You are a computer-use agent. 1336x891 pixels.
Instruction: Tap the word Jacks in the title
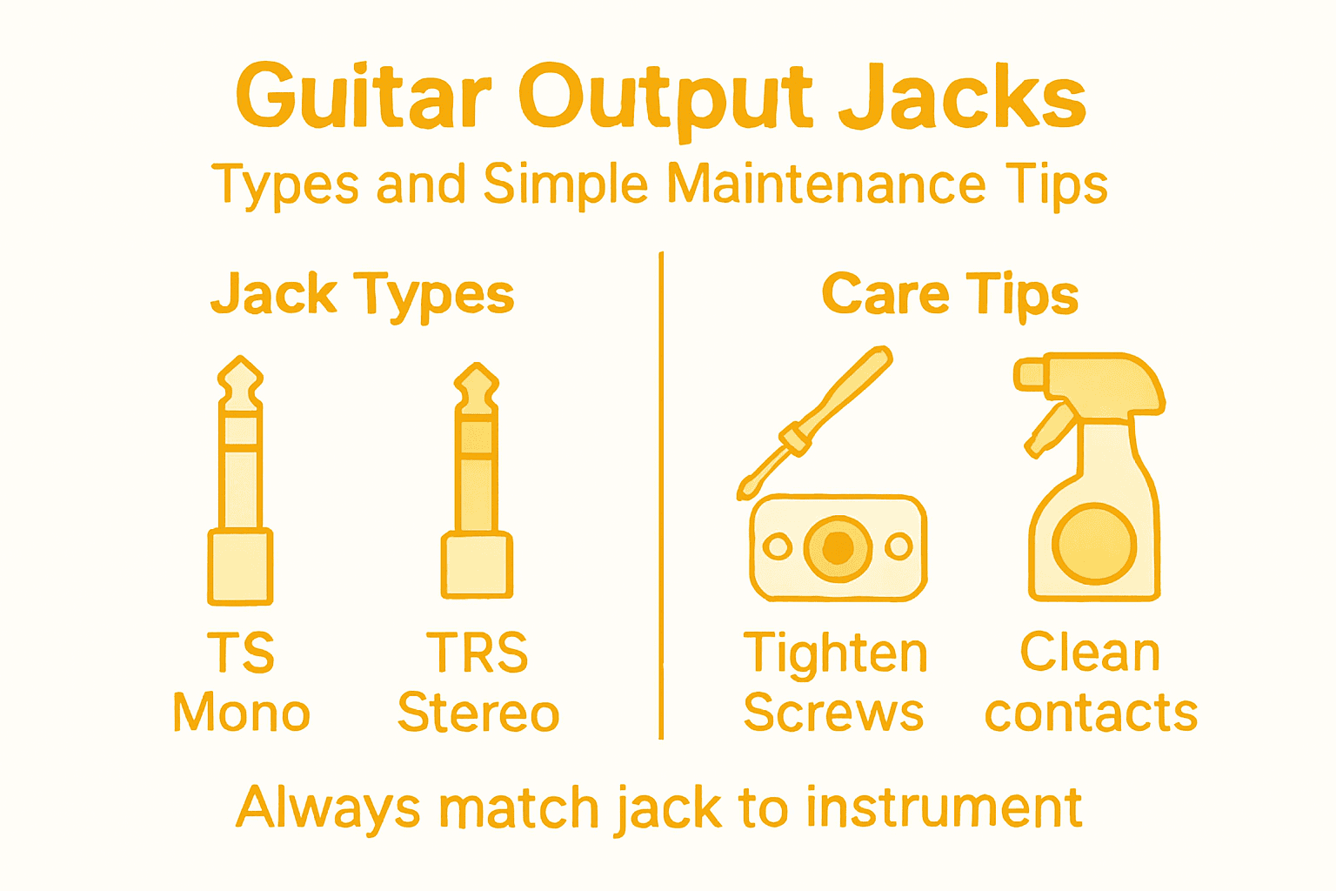click(962, 96)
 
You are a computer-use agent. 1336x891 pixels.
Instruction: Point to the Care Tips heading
click(950, 294)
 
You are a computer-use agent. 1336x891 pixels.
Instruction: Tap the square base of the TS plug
click(240, 566)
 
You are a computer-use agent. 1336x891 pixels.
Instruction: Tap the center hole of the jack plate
click(838, 547)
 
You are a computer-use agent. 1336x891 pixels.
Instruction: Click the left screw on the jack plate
click(777, 547)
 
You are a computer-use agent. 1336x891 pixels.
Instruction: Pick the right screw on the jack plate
click(898, 547)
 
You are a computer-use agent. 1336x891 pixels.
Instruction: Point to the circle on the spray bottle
click(1094, 544)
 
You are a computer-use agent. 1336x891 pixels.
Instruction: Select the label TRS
click(477, 653)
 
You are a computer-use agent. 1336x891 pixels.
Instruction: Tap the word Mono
click(241, 713)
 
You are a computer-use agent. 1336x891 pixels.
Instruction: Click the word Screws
click(833, 713)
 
